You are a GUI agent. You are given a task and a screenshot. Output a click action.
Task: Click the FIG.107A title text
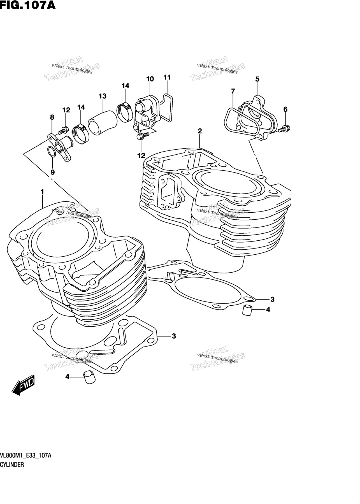pyautogui.click(x=28, y=5)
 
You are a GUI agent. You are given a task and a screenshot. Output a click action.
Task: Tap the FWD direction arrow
pyautogui.click(x=24, y=385)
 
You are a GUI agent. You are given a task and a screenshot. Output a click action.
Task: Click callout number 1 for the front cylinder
pyautogui.click(x=42, y=192)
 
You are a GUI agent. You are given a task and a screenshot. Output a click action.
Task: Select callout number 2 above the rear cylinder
pyautogui.click(x=200, y=131)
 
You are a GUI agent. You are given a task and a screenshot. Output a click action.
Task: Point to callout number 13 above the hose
pyautogui.click(x=103, y=96)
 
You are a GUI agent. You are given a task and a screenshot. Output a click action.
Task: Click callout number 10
pyautogui.click(x=150, y=79)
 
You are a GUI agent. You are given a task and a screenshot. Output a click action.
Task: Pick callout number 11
pyautogui.click(x=167, y=77)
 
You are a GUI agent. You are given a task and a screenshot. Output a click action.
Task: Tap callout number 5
pyautogui.click(x=257, y=79)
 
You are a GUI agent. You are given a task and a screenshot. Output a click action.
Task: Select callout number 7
pyautogui.click(x=233, y=91)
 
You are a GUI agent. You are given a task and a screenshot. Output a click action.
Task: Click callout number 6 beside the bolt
pyautogui.click(x=285, y=109)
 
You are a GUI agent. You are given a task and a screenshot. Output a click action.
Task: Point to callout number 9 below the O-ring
pyautogui.click(x=53, y=172)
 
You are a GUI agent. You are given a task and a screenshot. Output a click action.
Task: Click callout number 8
pyautogui.click(x=52, y=117)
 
